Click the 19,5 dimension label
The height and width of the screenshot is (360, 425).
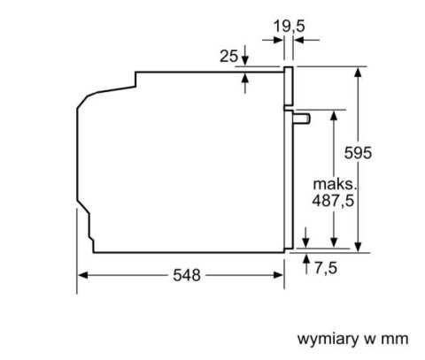point(289,27)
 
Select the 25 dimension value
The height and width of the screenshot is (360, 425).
point(228,56)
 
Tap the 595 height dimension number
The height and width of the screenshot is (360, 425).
point(358,153)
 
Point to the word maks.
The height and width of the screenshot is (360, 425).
point(335,184)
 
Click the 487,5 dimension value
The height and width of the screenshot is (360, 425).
point(333,201)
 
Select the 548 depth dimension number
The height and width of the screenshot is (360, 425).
point(187,275)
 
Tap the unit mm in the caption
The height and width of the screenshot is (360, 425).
point(395,340)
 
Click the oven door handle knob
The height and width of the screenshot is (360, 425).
point(302,119)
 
